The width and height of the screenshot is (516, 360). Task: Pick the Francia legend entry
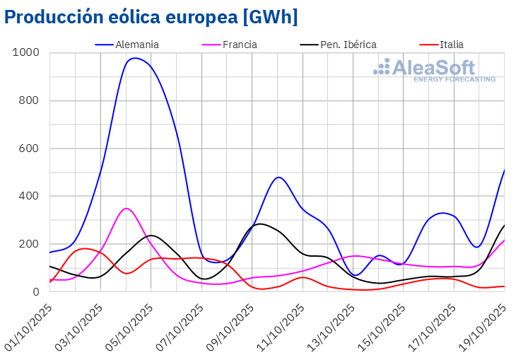coord(239,44)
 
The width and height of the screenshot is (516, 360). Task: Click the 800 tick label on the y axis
coord(29,100)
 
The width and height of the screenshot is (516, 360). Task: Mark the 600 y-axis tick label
coord(29,149)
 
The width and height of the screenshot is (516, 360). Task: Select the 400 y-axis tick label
coord(29,196)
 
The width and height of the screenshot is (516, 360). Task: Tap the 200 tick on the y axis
coord(29,244)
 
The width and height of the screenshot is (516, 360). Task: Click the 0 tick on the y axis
coord(35,292)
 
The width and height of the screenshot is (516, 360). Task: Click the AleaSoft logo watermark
coord(435,71)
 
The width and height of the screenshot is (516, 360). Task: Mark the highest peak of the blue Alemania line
coord(135,58)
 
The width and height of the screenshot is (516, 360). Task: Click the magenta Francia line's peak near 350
coord(126,208)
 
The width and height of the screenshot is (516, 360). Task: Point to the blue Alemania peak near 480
coord(278,177)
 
